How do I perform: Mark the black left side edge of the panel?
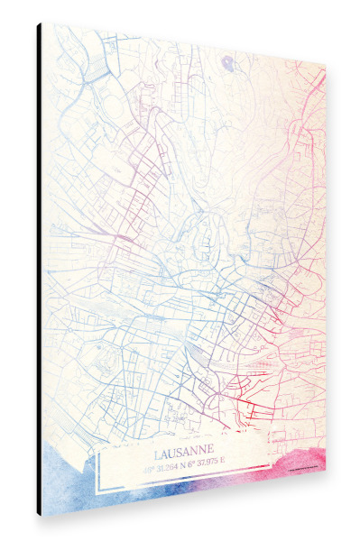coord(40,270)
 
